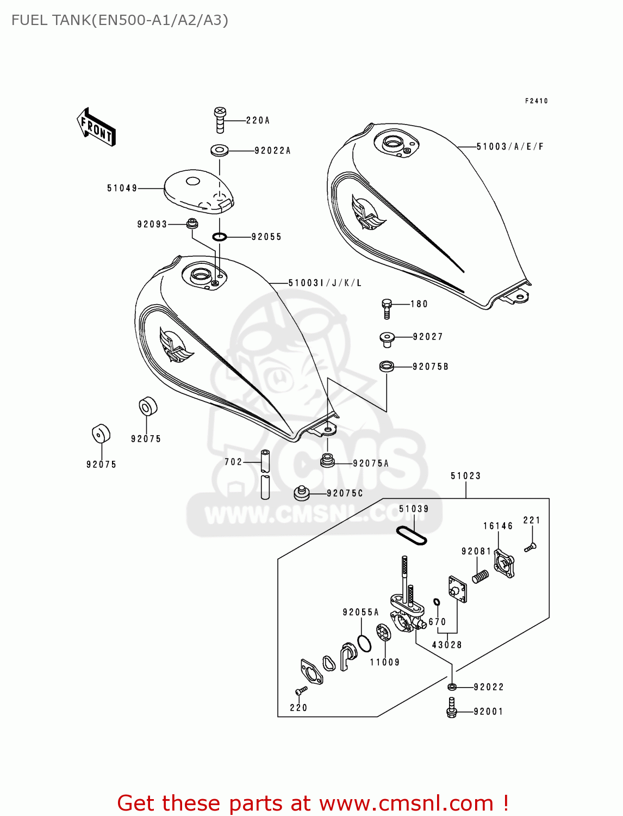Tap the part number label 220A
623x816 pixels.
point(258,120)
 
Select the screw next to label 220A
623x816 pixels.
point(220,120)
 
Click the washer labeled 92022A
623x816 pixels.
point(219,150)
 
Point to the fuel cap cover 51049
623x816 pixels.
point(198,191)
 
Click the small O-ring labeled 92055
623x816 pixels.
point(219,237)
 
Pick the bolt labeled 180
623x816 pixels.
point(387,308)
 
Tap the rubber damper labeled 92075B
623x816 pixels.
point(387,366)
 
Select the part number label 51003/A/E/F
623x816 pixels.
point(510,146)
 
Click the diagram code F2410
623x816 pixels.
point(536,101)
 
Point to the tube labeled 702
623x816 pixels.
point(265,474)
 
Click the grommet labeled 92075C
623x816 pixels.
point(301,493)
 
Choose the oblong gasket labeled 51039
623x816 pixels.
point(411,535)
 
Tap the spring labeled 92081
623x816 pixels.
point(480,576)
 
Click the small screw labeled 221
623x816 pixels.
point(531,547)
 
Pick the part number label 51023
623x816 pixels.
point(465,476)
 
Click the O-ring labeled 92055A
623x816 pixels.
point(364,643)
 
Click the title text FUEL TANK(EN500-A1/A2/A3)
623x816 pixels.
point(120,20)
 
